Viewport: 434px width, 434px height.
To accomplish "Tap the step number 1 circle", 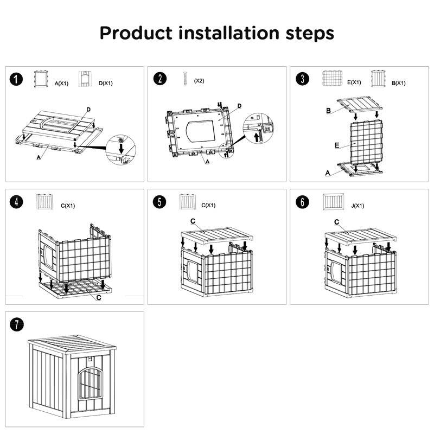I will [x=18, y=80].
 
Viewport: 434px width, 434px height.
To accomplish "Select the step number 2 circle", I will [x=160, y=80].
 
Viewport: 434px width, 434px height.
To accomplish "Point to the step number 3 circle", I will [x=302, y=80].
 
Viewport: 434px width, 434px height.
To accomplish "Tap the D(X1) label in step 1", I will [x=105, y=84].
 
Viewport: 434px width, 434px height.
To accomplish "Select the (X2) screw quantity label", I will [x=199, y=80].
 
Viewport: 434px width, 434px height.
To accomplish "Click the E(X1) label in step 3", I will [x=354, y=83].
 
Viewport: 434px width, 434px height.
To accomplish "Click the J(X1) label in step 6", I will [x=358, y=206].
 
